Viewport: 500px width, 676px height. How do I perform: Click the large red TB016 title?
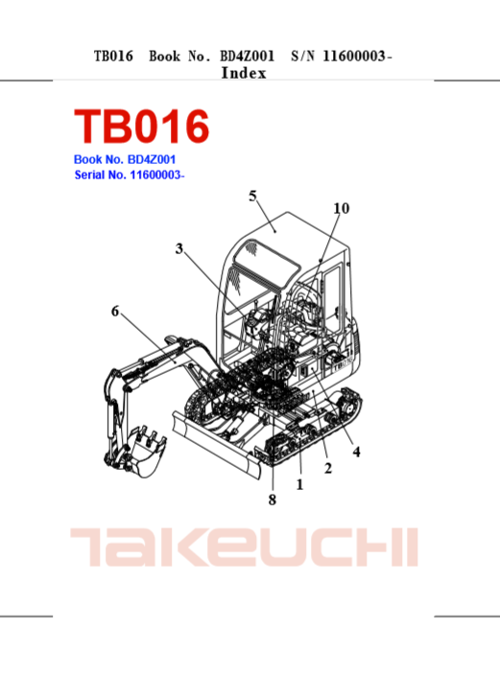141,126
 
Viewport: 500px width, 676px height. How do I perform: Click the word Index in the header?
244,73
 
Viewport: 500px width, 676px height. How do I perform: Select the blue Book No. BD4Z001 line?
125,159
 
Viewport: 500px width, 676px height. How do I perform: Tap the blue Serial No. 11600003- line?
130,175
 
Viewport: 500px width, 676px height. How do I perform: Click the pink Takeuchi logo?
244,547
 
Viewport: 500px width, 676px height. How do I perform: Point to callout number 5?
252,197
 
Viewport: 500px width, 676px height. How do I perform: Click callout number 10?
342,208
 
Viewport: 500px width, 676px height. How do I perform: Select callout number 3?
179,248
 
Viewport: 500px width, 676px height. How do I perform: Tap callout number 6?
115,311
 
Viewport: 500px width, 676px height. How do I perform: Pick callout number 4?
356,452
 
